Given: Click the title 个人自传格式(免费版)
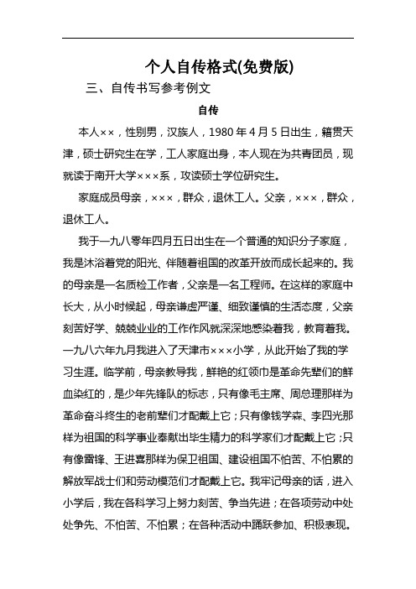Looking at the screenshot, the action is click(x=207, y=65).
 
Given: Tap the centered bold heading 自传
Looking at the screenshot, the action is click(x=207, y=110).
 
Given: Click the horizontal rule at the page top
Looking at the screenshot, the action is click(x=207, y=38).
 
